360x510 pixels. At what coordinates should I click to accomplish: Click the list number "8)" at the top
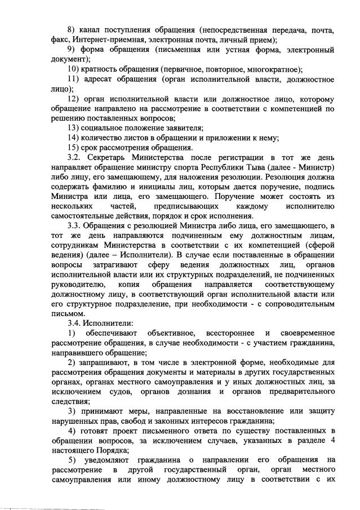72,29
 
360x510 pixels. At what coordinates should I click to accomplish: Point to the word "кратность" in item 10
105,70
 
